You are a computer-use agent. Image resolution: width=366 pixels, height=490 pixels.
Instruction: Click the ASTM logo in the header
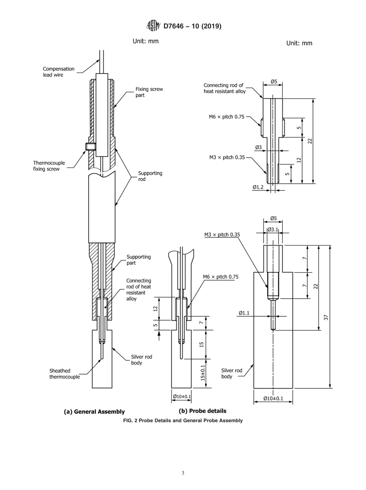tap(153, 26)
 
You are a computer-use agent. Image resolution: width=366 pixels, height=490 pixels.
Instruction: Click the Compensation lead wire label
tap(59, 72)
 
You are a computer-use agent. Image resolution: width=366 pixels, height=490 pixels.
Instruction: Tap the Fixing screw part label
tap(149, 92)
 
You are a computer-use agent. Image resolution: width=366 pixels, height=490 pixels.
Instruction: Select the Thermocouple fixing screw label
tap(49, 166)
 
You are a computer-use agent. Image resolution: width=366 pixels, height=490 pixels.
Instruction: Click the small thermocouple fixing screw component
tap(90, 146)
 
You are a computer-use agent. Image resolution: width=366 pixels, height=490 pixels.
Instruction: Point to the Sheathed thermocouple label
tap(64, 374)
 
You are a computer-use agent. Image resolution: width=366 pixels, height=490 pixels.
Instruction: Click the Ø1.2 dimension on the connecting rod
tap(258, 187)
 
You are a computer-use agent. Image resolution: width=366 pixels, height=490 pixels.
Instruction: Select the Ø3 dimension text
tap(259, 147)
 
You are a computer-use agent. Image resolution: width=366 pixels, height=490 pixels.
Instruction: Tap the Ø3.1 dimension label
tap(273, 230)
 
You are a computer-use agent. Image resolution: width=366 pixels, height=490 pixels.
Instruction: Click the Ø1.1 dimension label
tap(244, 313)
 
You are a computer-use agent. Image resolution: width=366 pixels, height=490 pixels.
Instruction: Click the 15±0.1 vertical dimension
tap(203, 373)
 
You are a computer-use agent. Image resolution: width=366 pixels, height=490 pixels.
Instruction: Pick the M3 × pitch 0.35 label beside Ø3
tap(227, 158)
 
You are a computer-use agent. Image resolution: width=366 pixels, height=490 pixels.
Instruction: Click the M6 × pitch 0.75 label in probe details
tap(221, 277)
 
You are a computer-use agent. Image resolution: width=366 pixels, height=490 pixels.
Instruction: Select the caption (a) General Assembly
tap(94, 411)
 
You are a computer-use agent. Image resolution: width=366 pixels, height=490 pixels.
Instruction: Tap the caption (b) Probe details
tap(202, 411)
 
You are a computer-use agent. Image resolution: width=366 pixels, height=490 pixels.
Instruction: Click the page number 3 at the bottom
tap(183, 473)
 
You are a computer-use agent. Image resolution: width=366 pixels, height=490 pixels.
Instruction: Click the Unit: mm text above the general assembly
tap(146, 41)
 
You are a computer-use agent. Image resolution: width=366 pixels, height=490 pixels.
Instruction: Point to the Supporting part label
tap(139, 260)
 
